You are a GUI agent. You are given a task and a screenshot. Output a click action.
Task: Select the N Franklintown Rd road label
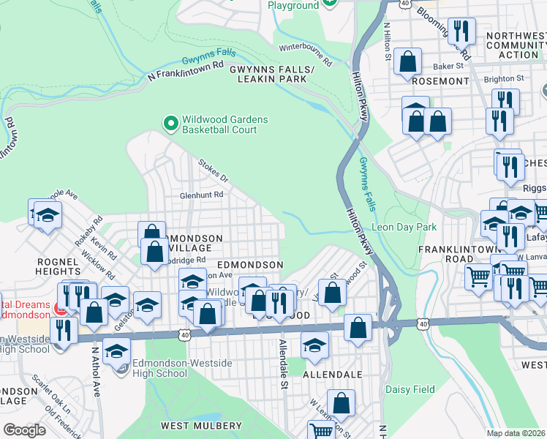[x=185, y=70]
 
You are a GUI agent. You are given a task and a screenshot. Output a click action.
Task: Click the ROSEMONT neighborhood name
[x=440, y=80]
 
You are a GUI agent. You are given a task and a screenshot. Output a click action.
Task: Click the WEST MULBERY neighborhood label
[x=201, y=426]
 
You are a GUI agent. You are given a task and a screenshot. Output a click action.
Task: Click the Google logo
[x=24, y=429]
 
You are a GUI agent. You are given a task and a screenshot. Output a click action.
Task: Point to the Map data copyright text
[x=516, y=433]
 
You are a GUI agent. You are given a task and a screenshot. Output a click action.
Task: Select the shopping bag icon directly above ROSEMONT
[x=408, y=63]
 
